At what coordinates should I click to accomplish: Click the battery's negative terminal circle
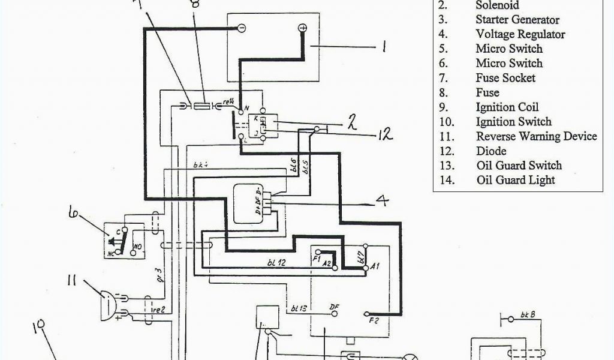pos(241,28)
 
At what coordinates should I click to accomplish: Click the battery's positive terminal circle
pos(302,28)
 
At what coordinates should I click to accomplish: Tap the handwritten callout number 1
pos(383,47)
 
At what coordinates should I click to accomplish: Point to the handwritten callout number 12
pos(385,134)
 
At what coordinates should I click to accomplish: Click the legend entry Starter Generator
pos(517,20)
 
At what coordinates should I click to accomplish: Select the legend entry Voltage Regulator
pos(520,34)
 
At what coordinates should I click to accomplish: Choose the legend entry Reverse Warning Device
pos(536,136)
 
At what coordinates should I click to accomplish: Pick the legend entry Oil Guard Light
pos(515,180)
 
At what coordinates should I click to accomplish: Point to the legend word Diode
pos(491,151)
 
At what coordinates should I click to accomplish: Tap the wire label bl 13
pos(299,308)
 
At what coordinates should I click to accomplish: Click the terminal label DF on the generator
pos(335,307)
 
